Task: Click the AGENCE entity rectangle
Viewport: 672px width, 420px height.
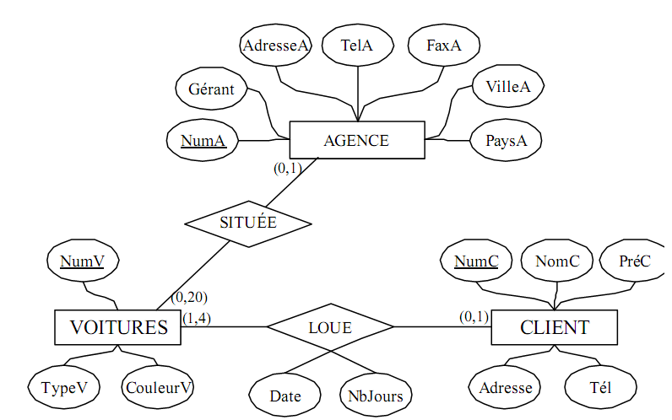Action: coord(356,141)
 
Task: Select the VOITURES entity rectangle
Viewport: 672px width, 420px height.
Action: coord(118,327)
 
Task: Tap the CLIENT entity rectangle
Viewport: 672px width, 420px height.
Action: coord(554,327)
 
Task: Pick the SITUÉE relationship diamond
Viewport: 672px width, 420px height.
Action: coord(248,223)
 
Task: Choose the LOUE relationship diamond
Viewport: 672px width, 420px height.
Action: coord(330,326)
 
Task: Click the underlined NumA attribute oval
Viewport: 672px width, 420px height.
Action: coord(203,141)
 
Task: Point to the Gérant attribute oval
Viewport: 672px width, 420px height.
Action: coord(211,89)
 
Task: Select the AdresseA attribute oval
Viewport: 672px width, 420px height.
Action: coord(275,46)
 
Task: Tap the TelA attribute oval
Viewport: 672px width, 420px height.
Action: coord(357,46)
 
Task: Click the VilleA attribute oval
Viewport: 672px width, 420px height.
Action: coord(507,86)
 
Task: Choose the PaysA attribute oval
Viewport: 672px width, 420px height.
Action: coord(507,141)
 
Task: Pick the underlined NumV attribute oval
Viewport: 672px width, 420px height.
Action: coord(82,261)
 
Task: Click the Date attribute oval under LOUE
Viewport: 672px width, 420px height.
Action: coord(285,396)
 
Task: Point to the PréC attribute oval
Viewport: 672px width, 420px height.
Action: coord(634,261)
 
